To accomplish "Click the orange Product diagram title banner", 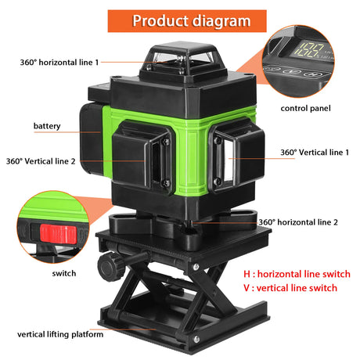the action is pyautogui.click(x=187, y=21).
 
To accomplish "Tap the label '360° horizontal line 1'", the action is pyautogui.click(x=59, y=63).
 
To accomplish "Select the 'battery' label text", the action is pyautogui.click(x=47, y=126).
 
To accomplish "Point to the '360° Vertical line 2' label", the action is pyautogui.click(x=41, y=161).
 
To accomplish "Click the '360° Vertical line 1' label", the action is pyautogui.click(x=315, y=153).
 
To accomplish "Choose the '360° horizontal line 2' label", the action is pyautogui.click(x=298, y=222).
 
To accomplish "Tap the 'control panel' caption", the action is pyautogui.click(x=305, y=108).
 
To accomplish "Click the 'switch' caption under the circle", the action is pyautogui.click(x=64, y=273).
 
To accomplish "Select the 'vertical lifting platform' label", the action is pyautogui.click(x=60, y=334).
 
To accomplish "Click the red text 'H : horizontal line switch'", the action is pyautogui.click(x=297, y=274).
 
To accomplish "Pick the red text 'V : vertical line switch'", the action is pyautogui.click(x=290, y=288).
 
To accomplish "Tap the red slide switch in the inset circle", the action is pyautogui.click(x=58, y=234).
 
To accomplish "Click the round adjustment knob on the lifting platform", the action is pyautogui.click(x=111, y=267).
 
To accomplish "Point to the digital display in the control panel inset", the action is pyautogui.click(x=311, y=51).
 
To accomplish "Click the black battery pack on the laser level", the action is pyautogui.click(x=91, y=139).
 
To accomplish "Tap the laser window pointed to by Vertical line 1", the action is pyautogui.click(x=229, y=160).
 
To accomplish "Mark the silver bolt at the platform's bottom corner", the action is pyautogui.click(x=196, y=339).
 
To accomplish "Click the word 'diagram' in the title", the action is pyautogui.click(x=221, y=21).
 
